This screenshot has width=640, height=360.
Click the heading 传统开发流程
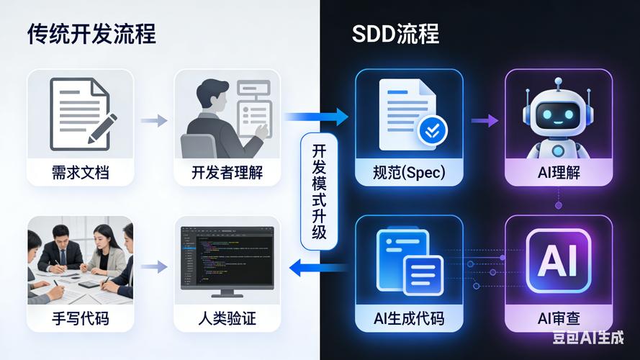pos(92,33)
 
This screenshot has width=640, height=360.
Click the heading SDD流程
pos(395,33)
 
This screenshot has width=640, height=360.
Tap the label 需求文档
pos(81,173)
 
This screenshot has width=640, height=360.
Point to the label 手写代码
pos(81,318)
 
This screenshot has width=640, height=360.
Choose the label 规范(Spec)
pos(409,173)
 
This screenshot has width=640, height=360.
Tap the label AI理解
pos(559,173)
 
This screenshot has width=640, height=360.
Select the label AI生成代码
pos(409,318)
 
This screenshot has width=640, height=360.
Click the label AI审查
pos(559,318)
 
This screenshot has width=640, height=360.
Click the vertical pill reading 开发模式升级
pos(319,192)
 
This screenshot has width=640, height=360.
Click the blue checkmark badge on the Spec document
pos(433,130)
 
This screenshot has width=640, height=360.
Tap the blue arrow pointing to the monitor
pos(317,268)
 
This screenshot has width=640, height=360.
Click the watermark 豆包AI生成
pos(588,337)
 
